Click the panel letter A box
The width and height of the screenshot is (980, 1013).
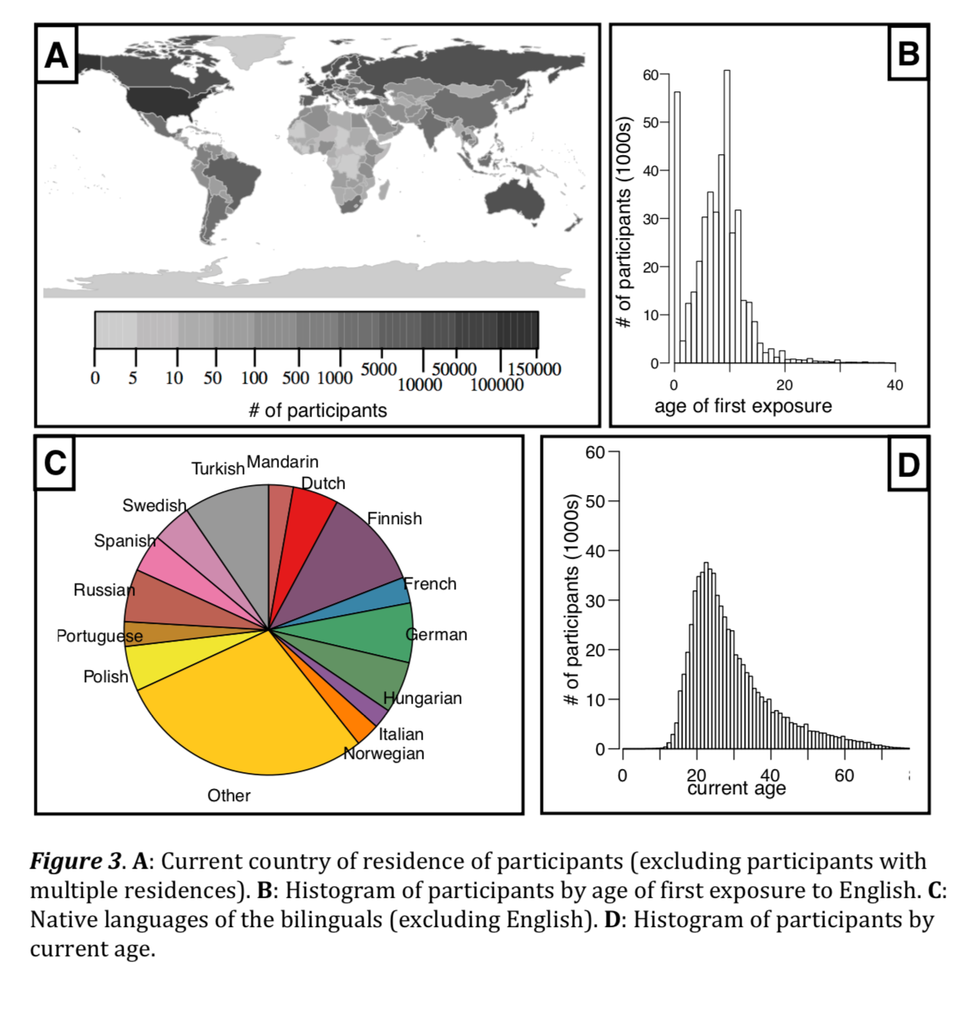(x=56, y=54)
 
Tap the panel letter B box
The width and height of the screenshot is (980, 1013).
(x=908, y=54)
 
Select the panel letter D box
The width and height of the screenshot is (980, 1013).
(x=908, y=464)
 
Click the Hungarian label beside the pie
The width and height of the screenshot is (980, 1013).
(x=423, y=698)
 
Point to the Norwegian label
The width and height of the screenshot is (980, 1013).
(x=384, y=754)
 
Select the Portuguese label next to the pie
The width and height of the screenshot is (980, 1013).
(x=100, y=636)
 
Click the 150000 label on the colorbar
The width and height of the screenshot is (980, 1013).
(x=534, y=369)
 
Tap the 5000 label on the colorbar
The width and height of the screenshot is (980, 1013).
(x=379, y=369)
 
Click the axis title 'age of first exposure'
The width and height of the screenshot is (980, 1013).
(x=742, y=406)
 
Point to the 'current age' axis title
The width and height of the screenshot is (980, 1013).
(x=736, y=789)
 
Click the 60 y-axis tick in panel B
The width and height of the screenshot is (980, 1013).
(x=650, y=74)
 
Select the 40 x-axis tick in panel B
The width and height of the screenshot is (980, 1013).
(x=895, y=385)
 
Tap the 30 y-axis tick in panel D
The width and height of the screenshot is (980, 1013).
(x=595, y=600)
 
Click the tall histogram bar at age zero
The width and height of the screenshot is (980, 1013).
(x=676, y=230)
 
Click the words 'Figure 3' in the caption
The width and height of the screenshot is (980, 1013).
(x=75, y=861)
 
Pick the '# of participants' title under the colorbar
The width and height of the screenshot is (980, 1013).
(x=317, y=411)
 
